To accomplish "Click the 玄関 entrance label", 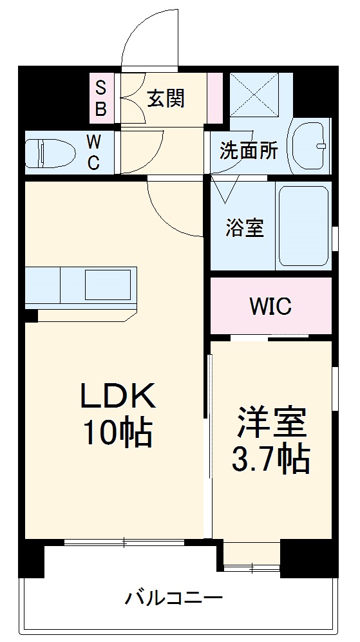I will pos(166,99).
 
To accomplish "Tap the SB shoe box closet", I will pos(101,98).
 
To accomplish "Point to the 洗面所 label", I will pos(249,151).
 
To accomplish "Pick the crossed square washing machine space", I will pos(252,95).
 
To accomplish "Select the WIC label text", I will pos(270,306).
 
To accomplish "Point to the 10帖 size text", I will pos(117,435).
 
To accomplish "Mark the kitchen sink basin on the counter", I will pos(106,283).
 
